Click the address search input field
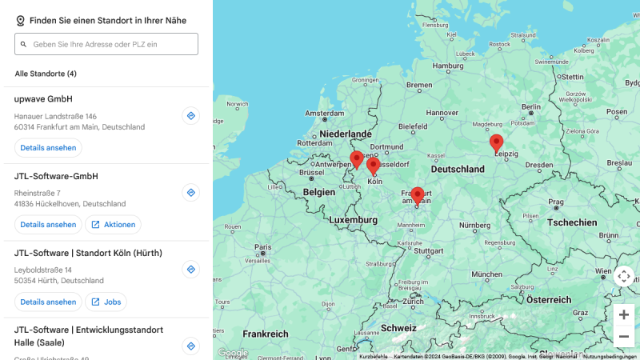coord(112,44)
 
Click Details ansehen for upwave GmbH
coord(48,148)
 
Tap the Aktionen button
coord(113,225)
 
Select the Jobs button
coord(106,302)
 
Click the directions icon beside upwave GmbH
coord(190,116)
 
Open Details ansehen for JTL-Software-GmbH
coord(48,225)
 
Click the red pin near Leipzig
coord(496,143)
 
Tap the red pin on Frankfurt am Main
coord(417,195)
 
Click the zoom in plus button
coord(624,314)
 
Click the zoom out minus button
coord(624,337)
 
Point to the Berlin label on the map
coord(531,106)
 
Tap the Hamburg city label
coord(447,66)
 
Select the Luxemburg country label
coord(352,219)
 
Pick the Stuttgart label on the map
coord(429,250)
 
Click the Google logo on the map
coord(233,352)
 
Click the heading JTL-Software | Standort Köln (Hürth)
coord(88,253)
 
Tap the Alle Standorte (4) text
coord(46,74)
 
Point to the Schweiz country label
coord(398,328)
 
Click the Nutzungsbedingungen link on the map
coord(610,356)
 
